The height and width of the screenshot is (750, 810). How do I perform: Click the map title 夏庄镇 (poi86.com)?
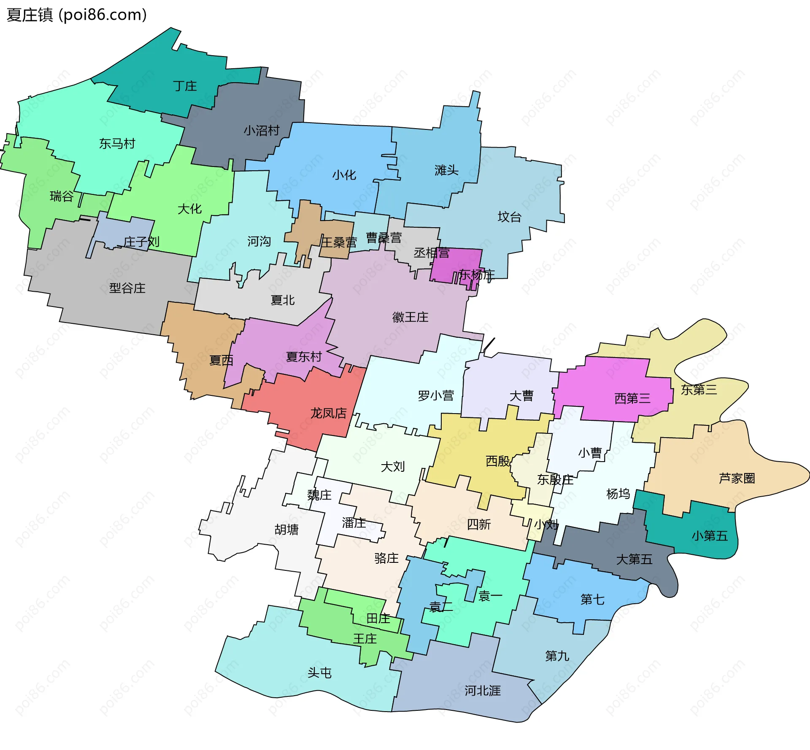coord(76,15)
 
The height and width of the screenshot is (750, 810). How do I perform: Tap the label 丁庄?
coord(185,86)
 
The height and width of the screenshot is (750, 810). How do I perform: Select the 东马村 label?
coord(117,144)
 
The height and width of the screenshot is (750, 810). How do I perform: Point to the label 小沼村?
coord(262,130)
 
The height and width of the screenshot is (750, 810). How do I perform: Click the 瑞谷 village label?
coord(62,196)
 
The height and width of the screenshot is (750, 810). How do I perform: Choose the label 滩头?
coord(446,170)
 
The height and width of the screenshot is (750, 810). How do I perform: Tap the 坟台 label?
coord(510,217)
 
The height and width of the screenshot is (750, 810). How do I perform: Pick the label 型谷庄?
coord(127,288)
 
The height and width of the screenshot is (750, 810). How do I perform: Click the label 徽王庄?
coord(410,317)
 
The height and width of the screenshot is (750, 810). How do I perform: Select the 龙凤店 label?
coord(328,413)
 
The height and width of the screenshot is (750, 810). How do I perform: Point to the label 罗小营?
coord(436,395)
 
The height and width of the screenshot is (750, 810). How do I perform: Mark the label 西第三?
coord(632,398)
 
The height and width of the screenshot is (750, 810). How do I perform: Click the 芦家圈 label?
coord(737,478)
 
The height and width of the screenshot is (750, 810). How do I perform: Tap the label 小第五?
coord(710,536)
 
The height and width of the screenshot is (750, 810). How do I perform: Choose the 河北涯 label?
coord(482,691)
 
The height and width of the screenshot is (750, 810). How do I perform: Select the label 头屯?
coord(319,672)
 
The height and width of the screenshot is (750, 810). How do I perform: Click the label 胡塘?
coord(286,530)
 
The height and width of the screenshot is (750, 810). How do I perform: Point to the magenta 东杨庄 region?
coord(456,263)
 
